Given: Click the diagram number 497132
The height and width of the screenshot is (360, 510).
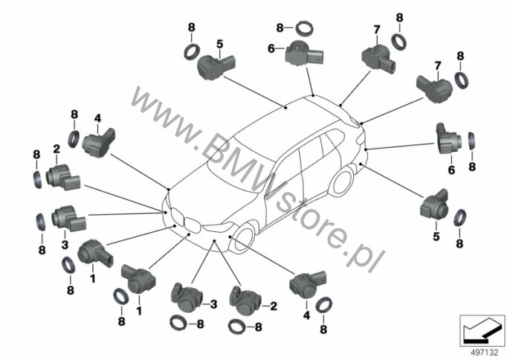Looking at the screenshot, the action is coord(485,353).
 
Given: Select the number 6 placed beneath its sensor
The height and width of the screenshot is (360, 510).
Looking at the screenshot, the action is coord(451,170).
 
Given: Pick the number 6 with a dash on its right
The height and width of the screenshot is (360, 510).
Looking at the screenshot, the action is coord(271,49).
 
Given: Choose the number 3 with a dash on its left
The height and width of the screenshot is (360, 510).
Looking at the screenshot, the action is coord(213,305).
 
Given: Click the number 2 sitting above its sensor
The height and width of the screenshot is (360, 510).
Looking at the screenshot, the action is coord(57,150).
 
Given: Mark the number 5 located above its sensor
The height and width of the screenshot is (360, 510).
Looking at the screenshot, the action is coord(220,44).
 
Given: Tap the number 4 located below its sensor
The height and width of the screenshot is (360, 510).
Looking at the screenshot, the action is coord(306,315).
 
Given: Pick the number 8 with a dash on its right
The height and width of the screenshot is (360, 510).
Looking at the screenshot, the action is coord(280,28).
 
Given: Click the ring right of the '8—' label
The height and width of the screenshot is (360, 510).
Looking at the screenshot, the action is coord(305,28).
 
